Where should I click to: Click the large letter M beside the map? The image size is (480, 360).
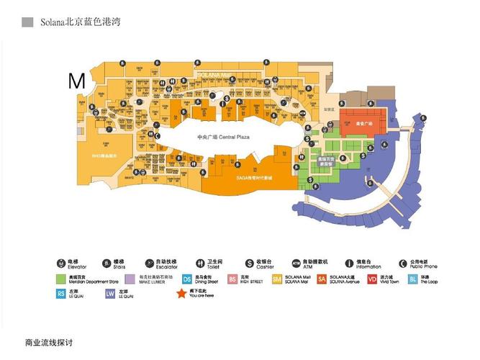pos(76,81)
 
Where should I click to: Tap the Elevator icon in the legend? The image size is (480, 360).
pos(61,264)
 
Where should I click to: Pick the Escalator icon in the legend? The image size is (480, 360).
pos(150,264)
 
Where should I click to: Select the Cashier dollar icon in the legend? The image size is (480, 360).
pos(250,264)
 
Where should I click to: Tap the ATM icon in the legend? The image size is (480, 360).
pos(296,264)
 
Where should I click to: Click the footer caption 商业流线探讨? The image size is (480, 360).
pos(49,342)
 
